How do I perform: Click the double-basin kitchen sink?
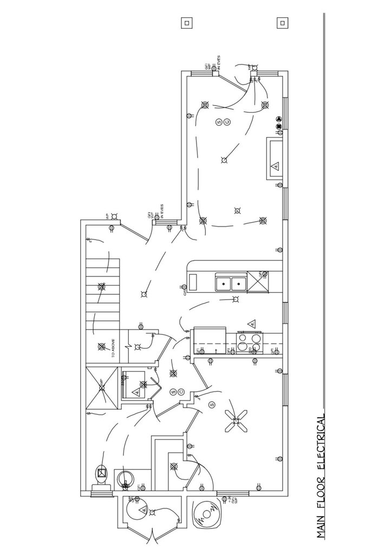(x=231, y=282)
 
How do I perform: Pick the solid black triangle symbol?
(x=279, y=119)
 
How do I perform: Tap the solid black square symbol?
(x=279, y=126)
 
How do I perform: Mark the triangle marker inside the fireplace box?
(x=275, y=165)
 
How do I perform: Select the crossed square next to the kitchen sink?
(x=258, y=282)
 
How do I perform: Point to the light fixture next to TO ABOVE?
(x=101, y=346)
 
